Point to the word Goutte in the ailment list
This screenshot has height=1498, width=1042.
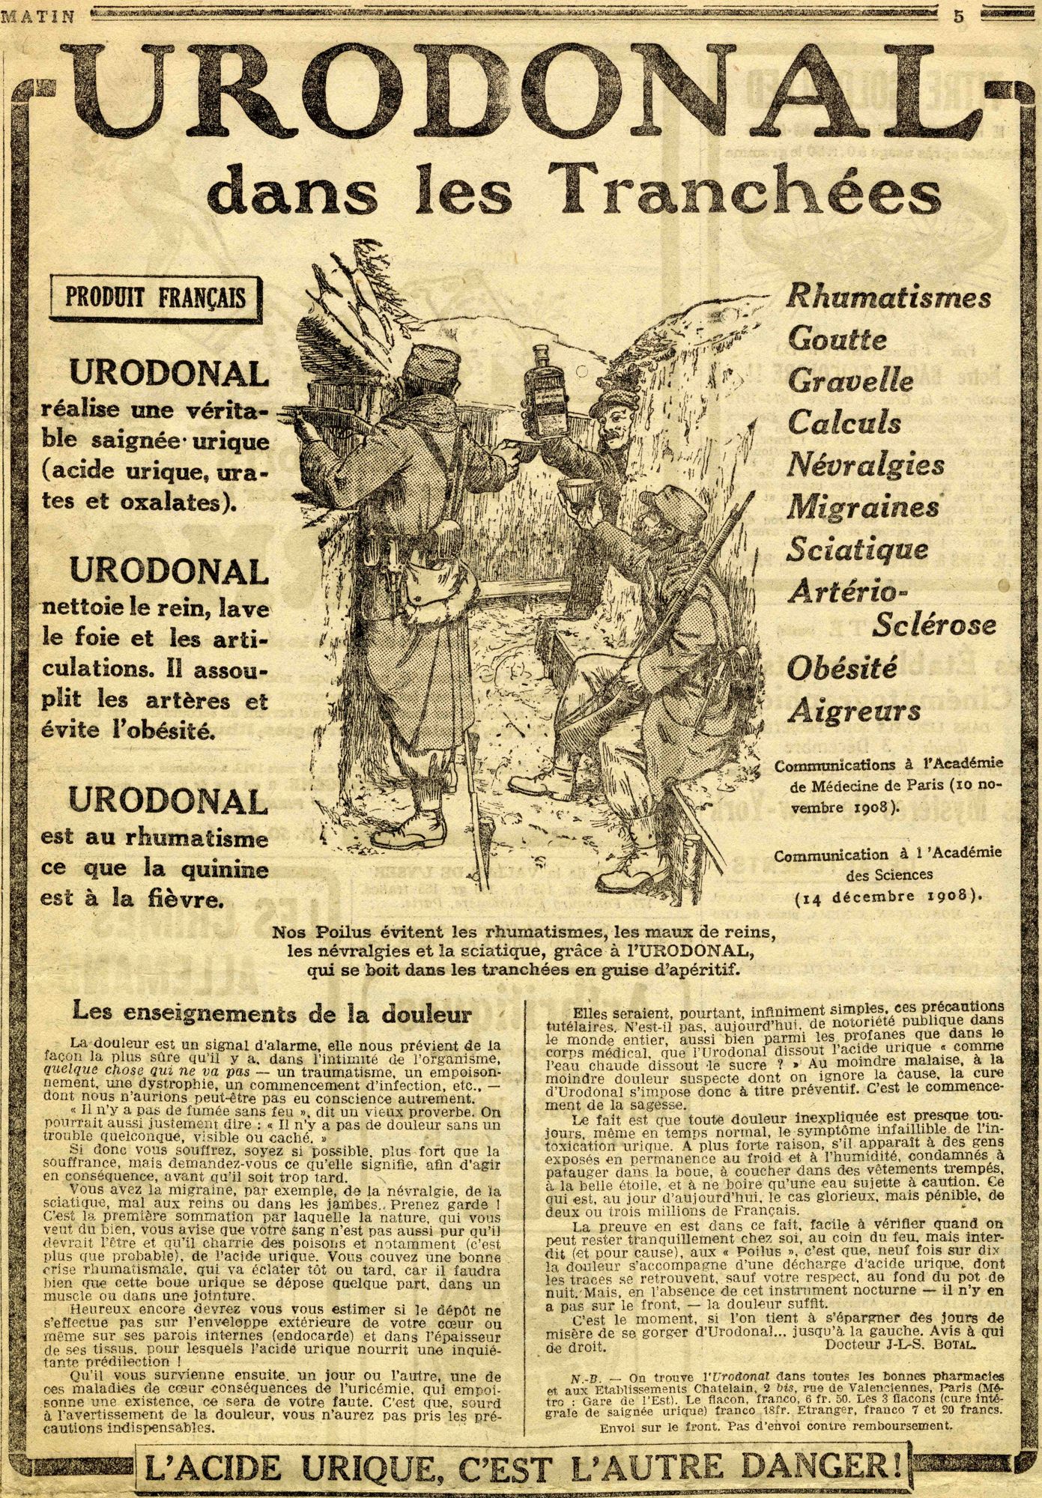[837, 340]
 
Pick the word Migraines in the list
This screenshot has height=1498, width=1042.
[863, 508]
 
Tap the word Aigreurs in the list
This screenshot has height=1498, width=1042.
[843, 708]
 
